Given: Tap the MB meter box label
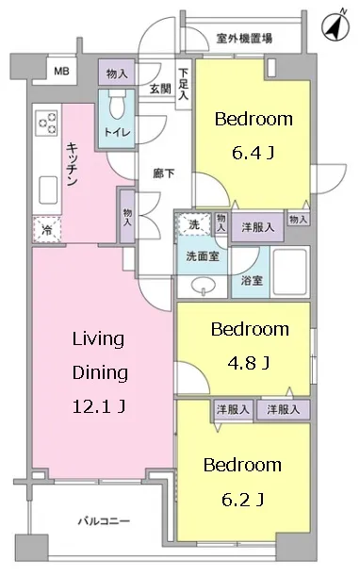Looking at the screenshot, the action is [x=61, y=71].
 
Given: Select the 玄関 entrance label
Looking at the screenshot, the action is [x=160, y=89].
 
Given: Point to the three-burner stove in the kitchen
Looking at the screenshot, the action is [x=47, y=123].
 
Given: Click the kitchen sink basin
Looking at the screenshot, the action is [x=48, y=189].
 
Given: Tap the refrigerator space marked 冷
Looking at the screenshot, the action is [x=47, y=229].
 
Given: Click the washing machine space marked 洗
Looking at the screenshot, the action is [x=194, y=224].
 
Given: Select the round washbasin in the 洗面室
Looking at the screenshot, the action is [x=204, y=285].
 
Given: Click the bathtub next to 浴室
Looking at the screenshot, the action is [x=290, y=272].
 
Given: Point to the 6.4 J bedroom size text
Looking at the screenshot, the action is [x=254, y=152].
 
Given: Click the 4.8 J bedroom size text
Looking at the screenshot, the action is [x=249, y=363].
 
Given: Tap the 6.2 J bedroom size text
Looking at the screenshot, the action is [x=243, y=500].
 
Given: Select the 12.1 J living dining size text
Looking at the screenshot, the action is [x=100, y=406].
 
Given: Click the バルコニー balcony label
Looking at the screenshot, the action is [x=104, y=521].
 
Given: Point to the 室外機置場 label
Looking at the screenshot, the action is [x=244, y=38].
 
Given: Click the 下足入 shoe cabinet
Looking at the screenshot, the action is [x=184, y=84].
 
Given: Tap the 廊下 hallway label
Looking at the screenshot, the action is [x=163, y=173].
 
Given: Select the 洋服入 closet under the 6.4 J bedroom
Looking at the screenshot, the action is [x=257, y=227].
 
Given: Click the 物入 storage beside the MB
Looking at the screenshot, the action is [x=117, y=73].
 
